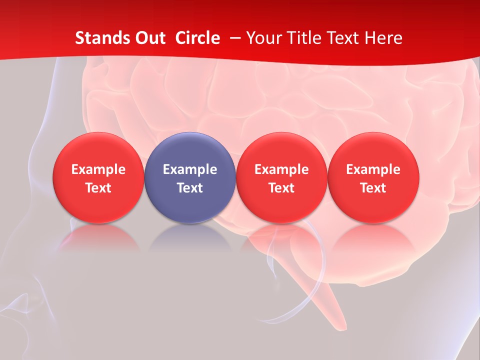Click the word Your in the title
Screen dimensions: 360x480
[262, 38]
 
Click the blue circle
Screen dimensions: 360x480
[189, 178]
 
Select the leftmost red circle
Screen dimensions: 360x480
[98, 178]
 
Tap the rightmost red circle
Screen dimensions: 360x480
[373, 178]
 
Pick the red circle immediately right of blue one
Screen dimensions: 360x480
[281, 178]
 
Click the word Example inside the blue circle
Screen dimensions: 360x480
[190, 169]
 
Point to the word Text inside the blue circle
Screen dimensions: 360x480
[190, 188]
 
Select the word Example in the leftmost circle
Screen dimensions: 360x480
[98, 169]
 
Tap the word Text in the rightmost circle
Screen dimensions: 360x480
[373, 188]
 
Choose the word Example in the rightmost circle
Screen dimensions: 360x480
[373, 169]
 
